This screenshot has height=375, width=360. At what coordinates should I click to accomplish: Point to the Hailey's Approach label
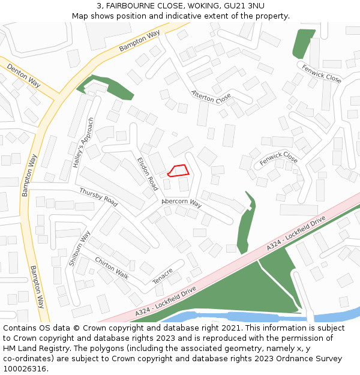coord(83,142)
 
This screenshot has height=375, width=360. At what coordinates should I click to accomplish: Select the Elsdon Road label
coord(148,174)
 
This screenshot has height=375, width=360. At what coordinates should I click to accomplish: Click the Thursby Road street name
coord(98,197)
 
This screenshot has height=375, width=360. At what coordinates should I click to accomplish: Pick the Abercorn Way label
coord(182,203)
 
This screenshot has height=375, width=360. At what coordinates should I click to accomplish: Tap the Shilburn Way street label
coord(79,248)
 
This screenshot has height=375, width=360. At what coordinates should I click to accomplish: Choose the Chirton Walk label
coord(112,268)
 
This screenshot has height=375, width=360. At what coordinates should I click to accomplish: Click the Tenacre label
coord(163,276)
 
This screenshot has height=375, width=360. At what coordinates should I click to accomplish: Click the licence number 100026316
coord(26,369)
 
